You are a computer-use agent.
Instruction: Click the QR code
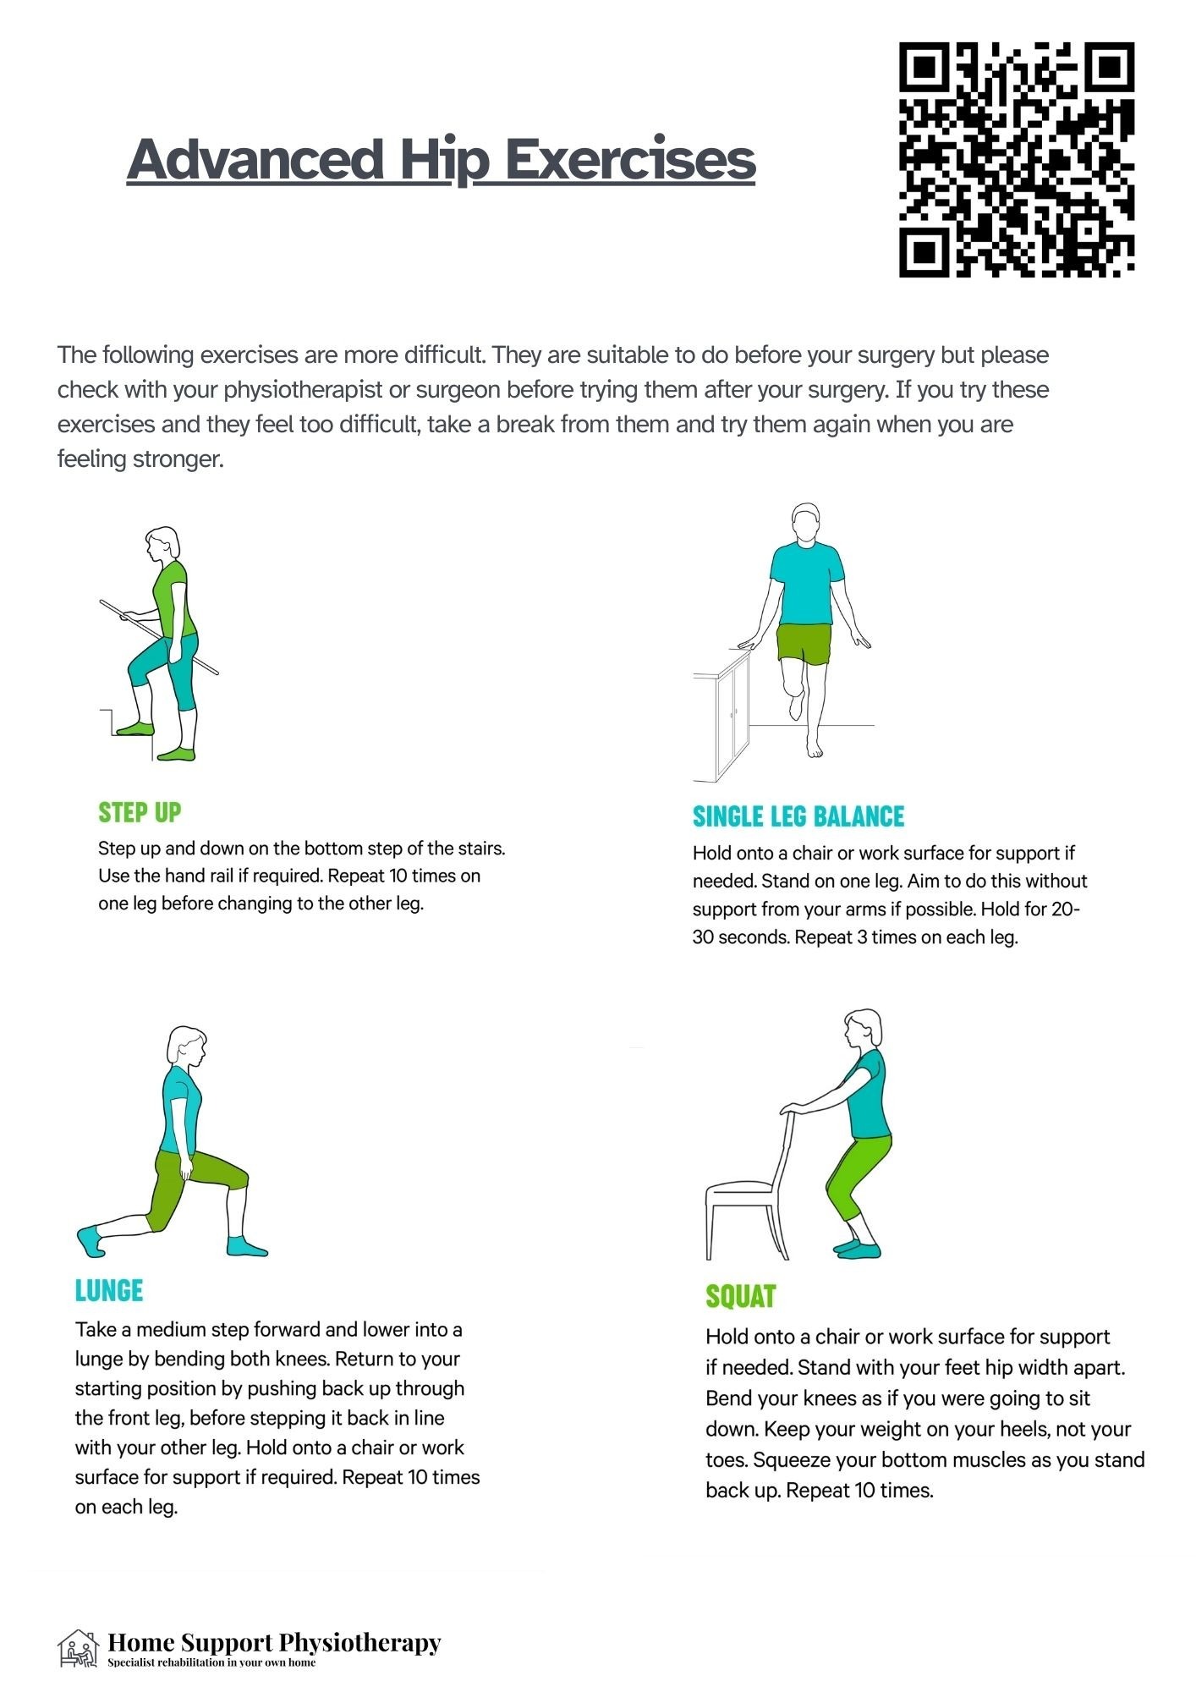pyautogui.click(x=1016, y=160)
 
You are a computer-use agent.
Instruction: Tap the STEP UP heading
pyautogui.click(x=140, y=812)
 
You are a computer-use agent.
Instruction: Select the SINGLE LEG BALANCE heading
pyautogui.click(x=798, y=816)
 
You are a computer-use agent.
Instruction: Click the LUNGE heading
pyautogui.click(x=109, y=1290)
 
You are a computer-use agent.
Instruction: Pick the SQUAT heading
pyautogui.click(x=741, y=1296)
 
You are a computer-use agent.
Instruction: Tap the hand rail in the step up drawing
pyautogui.click(x=159, y=637)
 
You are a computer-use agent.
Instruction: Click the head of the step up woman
pyautogui.click(x=162, y=543)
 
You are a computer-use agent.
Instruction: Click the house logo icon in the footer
pyautogui.click(x=78, y=1649)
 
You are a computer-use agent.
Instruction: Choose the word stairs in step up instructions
pyautogui.click(x=480, y=848)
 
